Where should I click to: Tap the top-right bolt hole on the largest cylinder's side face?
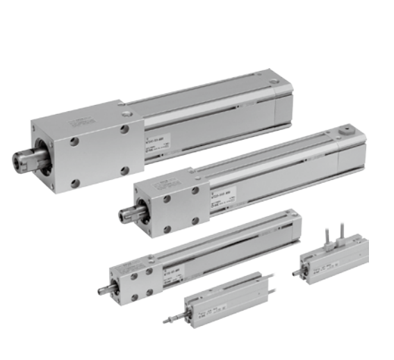pos(124,129)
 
